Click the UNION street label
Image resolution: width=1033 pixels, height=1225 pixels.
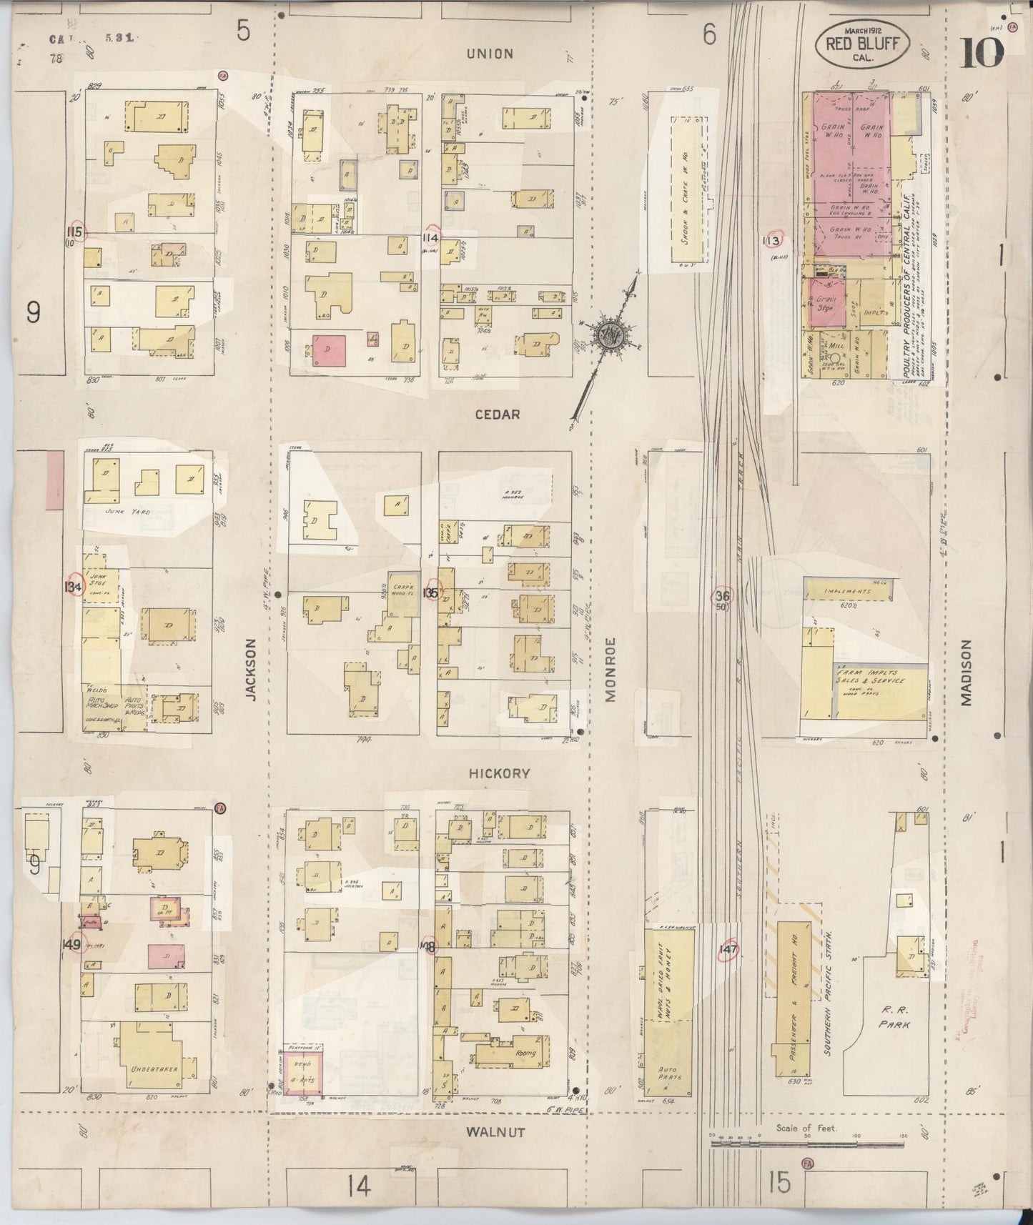point(490,54)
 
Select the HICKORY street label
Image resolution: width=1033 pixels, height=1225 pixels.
point(499,773)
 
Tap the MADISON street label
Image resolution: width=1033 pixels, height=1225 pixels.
point(967,673)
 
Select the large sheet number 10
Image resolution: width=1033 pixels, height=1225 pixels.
point(982,52)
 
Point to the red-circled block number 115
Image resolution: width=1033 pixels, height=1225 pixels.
point(74,232)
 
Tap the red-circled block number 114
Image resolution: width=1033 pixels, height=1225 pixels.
point(431,237)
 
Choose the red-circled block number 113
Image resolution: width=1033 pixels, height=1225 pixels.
point(771,241)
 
